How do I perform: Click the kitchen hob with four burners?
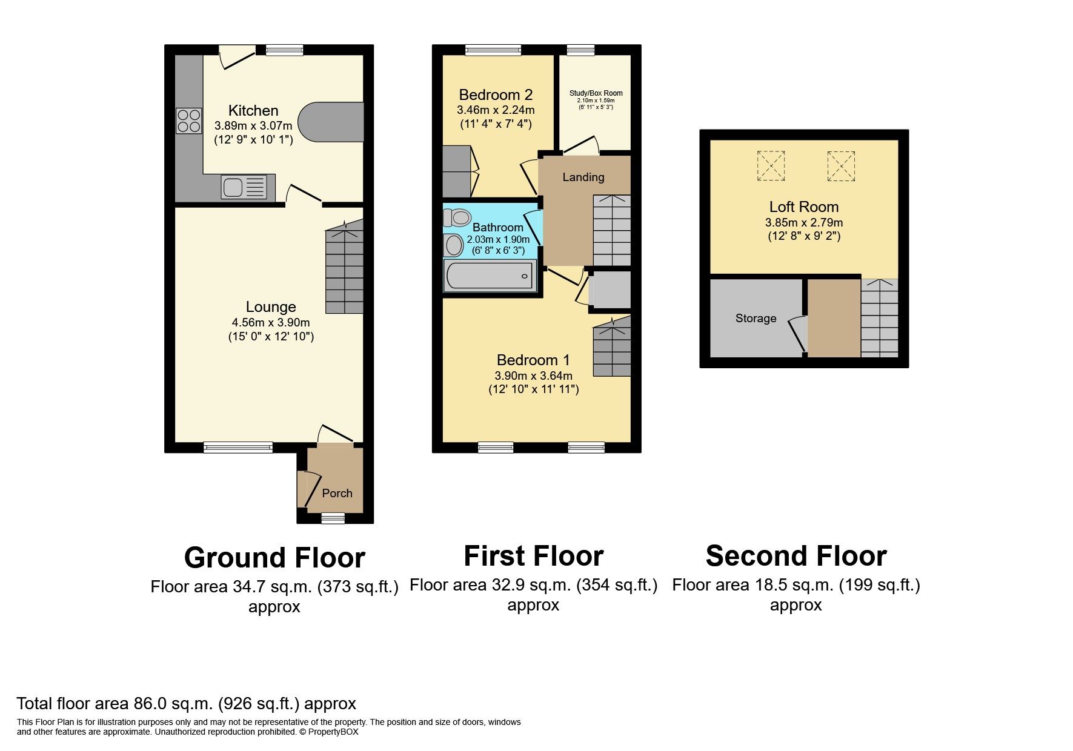pos(189,120)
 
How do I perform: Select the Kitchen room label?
pos(253,111)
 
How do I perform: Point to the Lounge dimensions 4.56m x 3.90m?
pos(271,322)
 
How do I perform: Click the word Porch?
pos(337,493)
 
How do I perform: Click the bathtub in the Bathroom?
pos(490,276)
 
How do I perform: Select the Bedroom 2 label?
pos(496,94)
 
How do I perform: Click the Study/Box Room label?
pos(596,93)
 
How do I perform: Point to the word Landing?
pos(583,177)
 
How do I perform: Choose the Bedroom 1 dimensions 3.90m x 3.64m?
pos(533,375)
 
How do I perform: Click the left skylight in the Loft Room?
pos(771,165)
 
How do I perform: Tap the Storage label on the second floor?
pos(756,319)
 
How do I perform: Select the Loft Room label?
pos(804,207)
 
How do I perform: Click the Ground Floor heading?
pos(274,558)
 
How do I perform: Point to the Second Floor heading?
pos(796,556)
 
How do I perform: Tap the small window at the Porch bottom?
pos(333,518)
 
